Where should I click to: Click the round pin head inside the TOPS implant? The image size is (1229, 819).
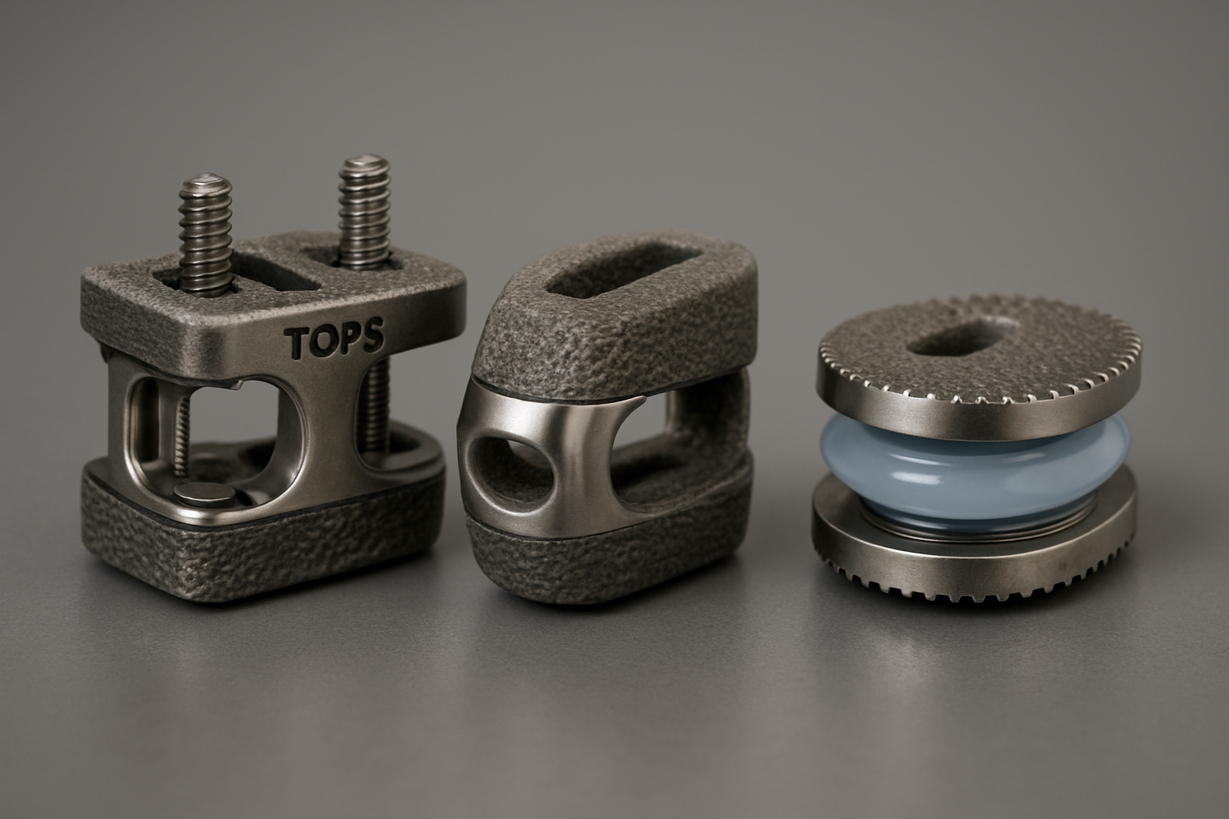206,497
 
